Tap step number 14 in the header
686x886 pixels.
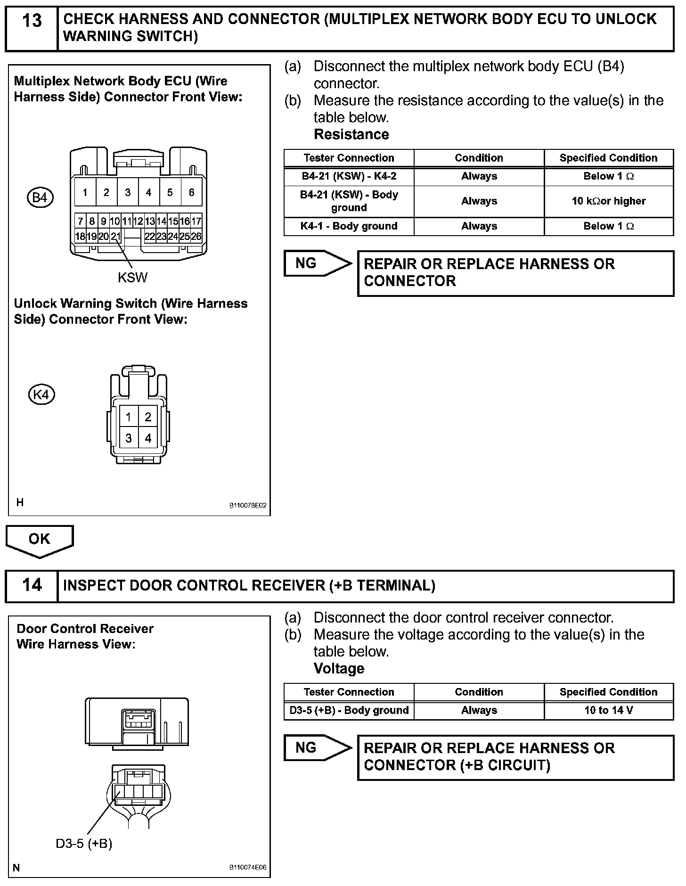click(x=32, y=585)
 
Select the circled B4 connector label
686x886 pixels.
click(x=40, y=197)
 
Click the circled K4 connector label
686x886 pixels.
click(x=41, y=394)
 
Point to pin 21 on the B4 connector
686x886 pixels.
click(x=115, y=236)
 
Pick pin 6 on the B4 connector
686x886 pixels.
click(x=191, y=192)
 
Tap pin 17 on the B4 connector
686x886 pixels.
click(x=196, y=221)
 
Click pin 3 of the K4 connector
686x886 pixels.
click(x=129, y=438)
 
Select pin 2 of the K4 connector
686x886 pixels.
click(x=148, y=417)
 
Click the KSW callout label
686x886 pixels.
click(x=132, y=278)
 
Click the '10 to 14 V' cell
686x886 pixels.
click(x=608, y=710)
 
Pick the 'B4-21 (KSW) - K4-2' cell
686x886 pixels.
click(x=349, y=176)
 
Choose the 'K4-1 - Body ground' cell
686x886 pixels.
click(x=349, y=226)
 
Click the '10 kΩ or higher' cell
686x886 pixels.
click(x=608, y=201)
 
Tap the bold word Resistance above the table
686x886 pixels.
click(x=351, y=134)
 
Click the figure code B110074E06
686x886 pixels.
click(x=248, y=867)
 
